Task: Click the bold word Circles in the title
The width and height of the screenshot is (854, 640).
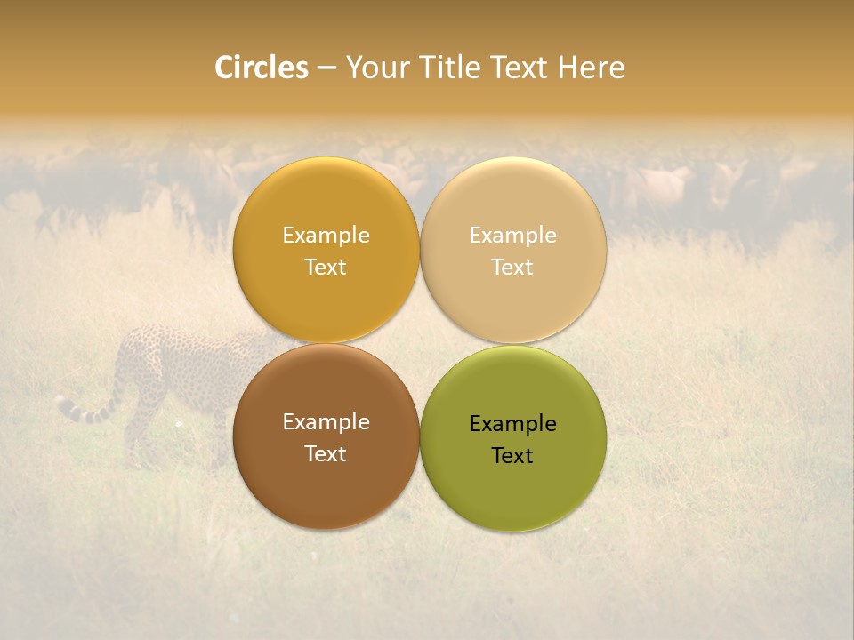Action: click(x=261, y=68)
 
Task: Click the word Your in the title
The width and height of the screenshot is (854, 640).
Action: click(x=376, y=68)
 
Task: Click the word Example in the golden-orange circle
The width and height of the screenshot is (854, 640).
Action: click(x=326, y=236)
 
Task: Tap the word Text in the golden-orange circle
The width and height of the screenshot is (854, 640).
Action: click(x=326, y=268)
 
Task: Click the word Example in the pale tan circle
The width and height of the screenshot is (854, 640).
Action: click(x=512, y=236)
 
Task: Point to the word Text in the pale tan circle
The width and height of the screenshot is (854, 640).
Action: click(x=512, y=268)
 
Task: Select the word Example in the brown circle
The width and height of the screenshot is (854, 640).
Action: click(x=326, y=422)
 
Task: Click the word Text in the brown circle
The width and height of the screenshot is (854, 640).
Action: click(x=326, y=454)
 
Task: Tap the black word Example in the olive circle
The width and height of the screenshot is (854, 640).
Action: click(x=512, y=424)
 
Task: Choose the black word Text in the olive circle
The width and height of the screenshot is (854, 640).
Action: click(x=512, y=456)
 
